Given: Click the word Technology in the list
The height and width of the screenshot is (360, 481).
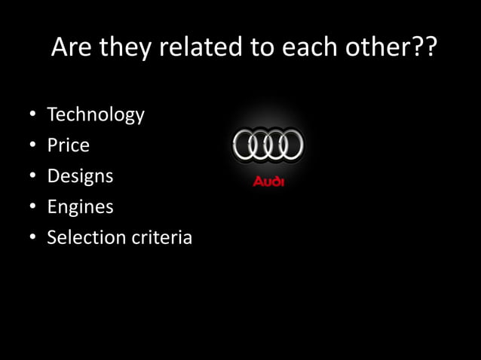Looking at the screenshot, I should (x=95, y=115).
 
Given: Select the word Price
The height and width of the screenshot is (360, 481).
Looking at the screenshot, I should (x=68, y=145).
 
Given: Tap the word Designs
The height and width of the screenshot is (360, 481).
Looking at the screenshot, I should (x=80, y=176).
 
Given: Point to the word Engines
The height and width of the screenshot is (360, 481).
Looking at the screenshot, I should (x=80, y=207).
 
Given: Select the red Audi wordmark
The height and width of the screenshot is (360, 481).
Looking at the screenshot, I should (x=268, y=182).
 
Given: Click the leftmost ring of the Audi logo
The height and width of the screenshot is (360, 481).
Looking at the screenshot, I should (x=246, y=145).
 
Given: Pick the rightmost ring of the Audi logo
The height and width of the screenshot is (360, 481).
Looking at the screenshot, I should (x=290, y=145).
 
